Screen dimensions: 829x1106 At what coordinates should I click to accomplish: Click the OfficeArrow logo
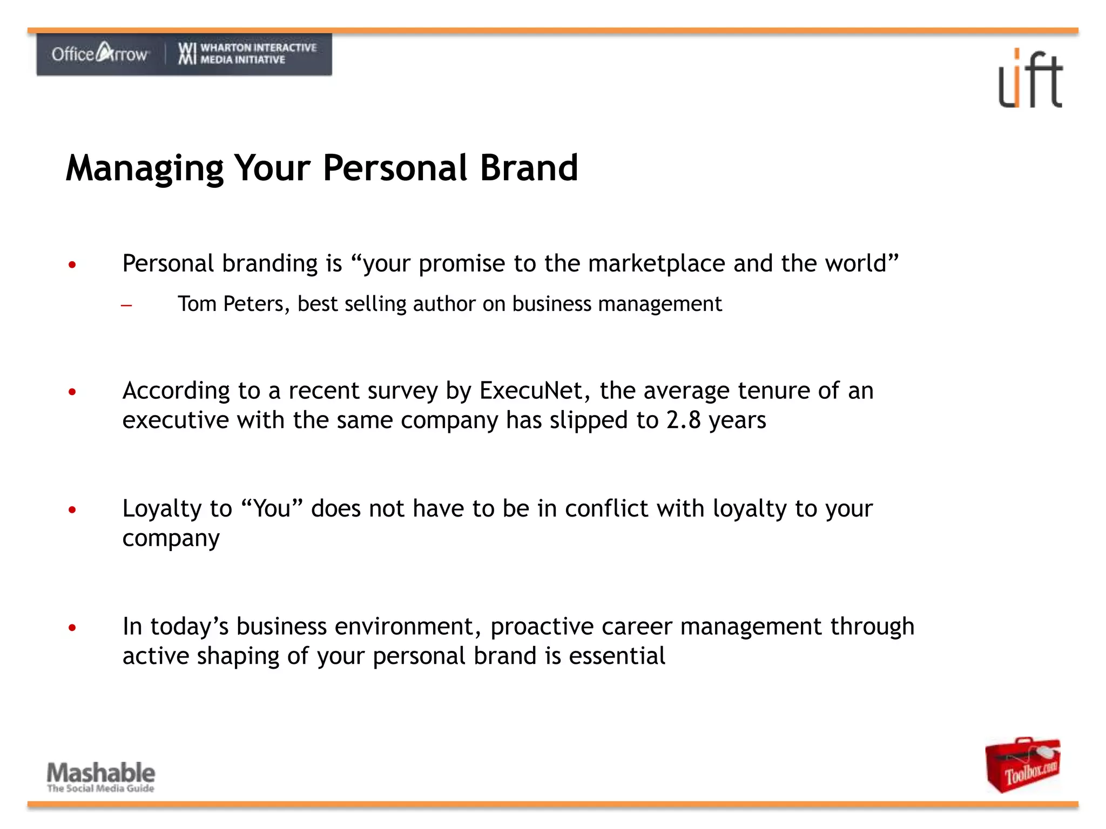coord(100,53)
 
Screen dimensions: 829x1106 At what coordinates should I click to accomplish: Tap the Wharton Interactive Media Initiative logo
coord(247,53)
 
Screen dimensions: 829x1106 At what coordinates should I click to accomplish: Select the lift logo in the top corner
coord(1030,79)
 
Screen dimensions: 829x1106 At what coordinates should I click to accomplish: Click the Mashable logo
coord(101,776)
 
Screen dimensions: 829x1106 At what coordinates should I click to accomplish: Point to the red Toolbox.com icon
coord(1022,764)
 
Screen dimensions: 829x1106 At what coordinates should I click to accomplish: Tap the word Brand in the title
coord(529,168)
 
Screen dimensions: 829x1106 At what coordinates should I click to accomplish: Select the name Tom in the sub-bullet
coord(197,304)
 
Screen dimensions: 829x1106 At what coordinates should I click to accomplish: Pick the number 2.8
coord(683,420)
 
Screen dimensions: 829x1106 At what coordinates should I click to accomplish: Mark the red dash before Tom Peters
coord(127,305)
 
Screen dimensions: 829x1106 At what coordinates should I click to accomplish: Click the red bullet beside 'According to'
coord(72,392)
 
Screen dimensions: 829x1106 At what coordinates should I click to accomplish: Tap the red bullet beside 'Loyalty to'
coord(72,509)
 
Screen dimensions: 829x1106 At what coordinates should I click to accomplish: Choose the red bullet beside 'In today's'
coord(72,628)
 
